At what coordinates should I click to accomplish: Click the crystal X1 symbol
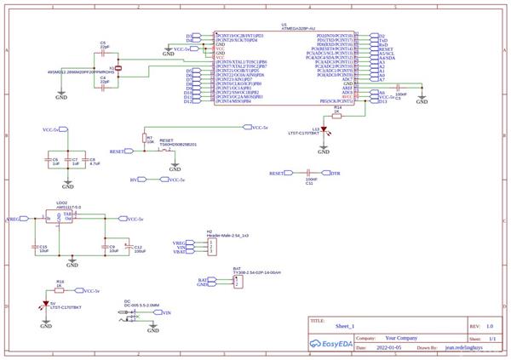tap(118, 68)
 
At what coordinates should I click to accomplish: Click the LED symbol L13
tap(324, 134)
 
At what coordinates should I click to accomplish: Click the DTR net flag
tap(335, 173)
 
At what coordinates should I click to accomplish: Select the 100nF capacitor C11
tap(310, 173)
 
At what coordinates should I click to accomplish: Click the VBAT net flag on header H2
tap(180, 252)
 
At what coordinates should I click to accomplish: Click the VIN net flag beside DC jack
tap(166, 313)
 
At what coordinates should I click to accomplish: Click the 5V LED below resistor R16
tap(46, 303)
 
